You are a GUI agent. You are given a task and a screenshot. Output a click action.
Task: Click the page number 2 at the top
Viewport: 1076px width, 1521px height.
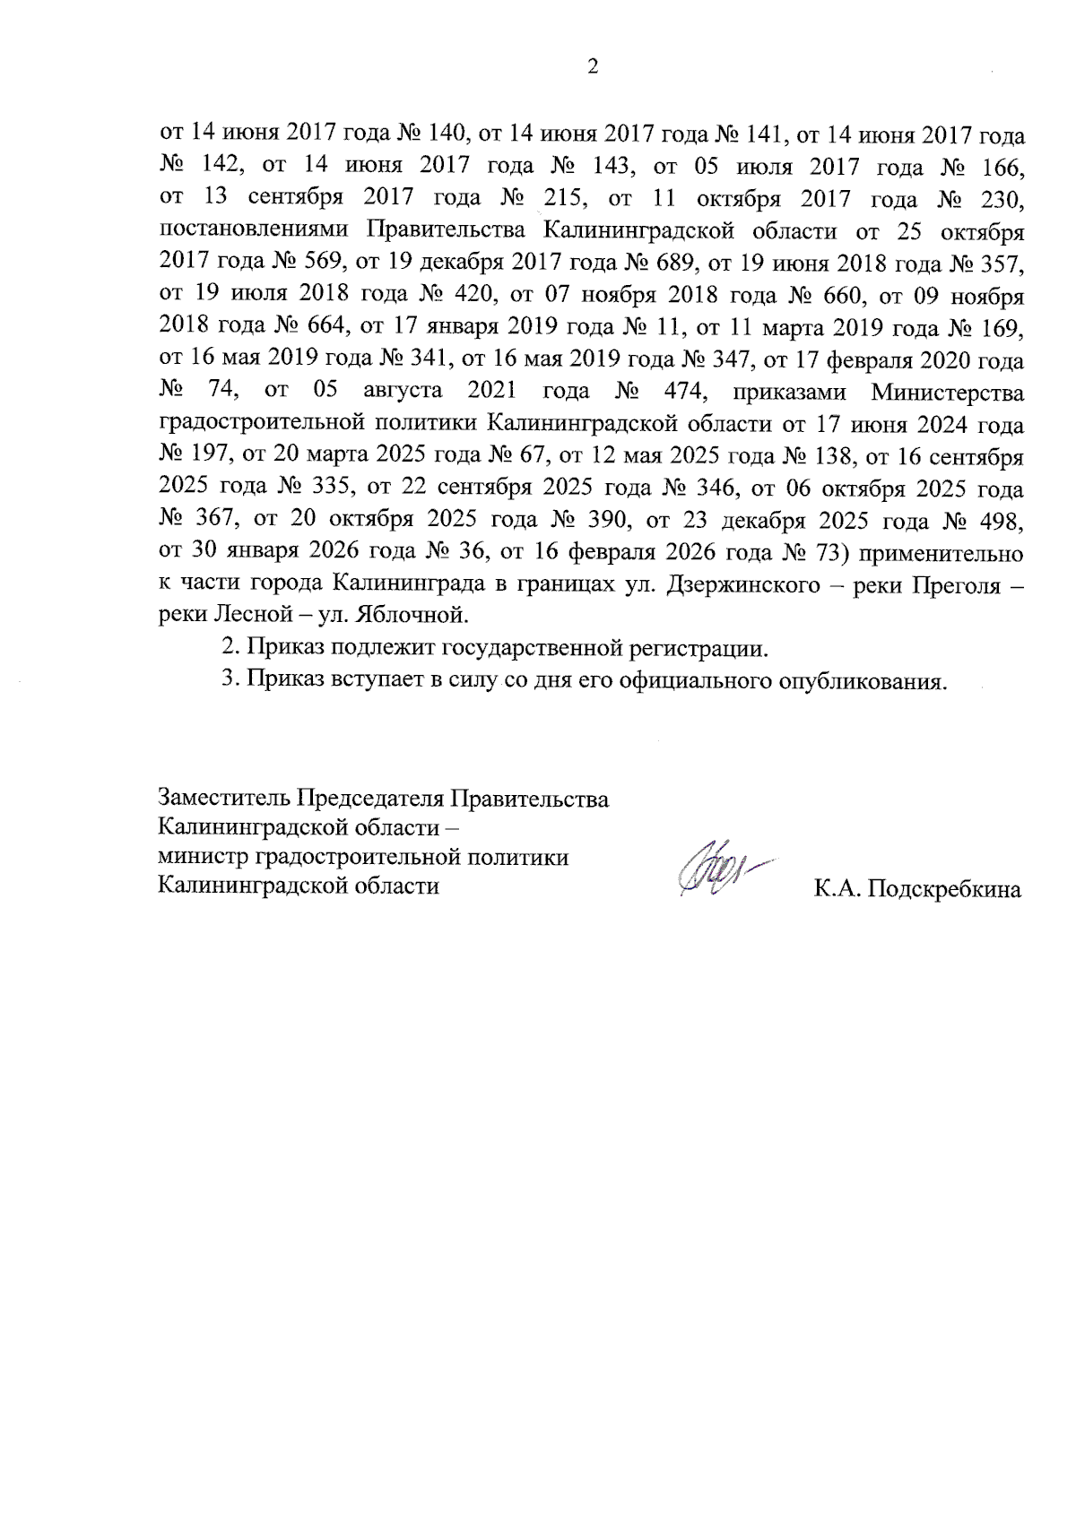tap(591, 66)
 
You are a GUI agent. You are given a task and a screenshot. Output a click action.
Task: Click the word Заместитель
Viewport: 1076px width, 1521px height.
tap(223, 798)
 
